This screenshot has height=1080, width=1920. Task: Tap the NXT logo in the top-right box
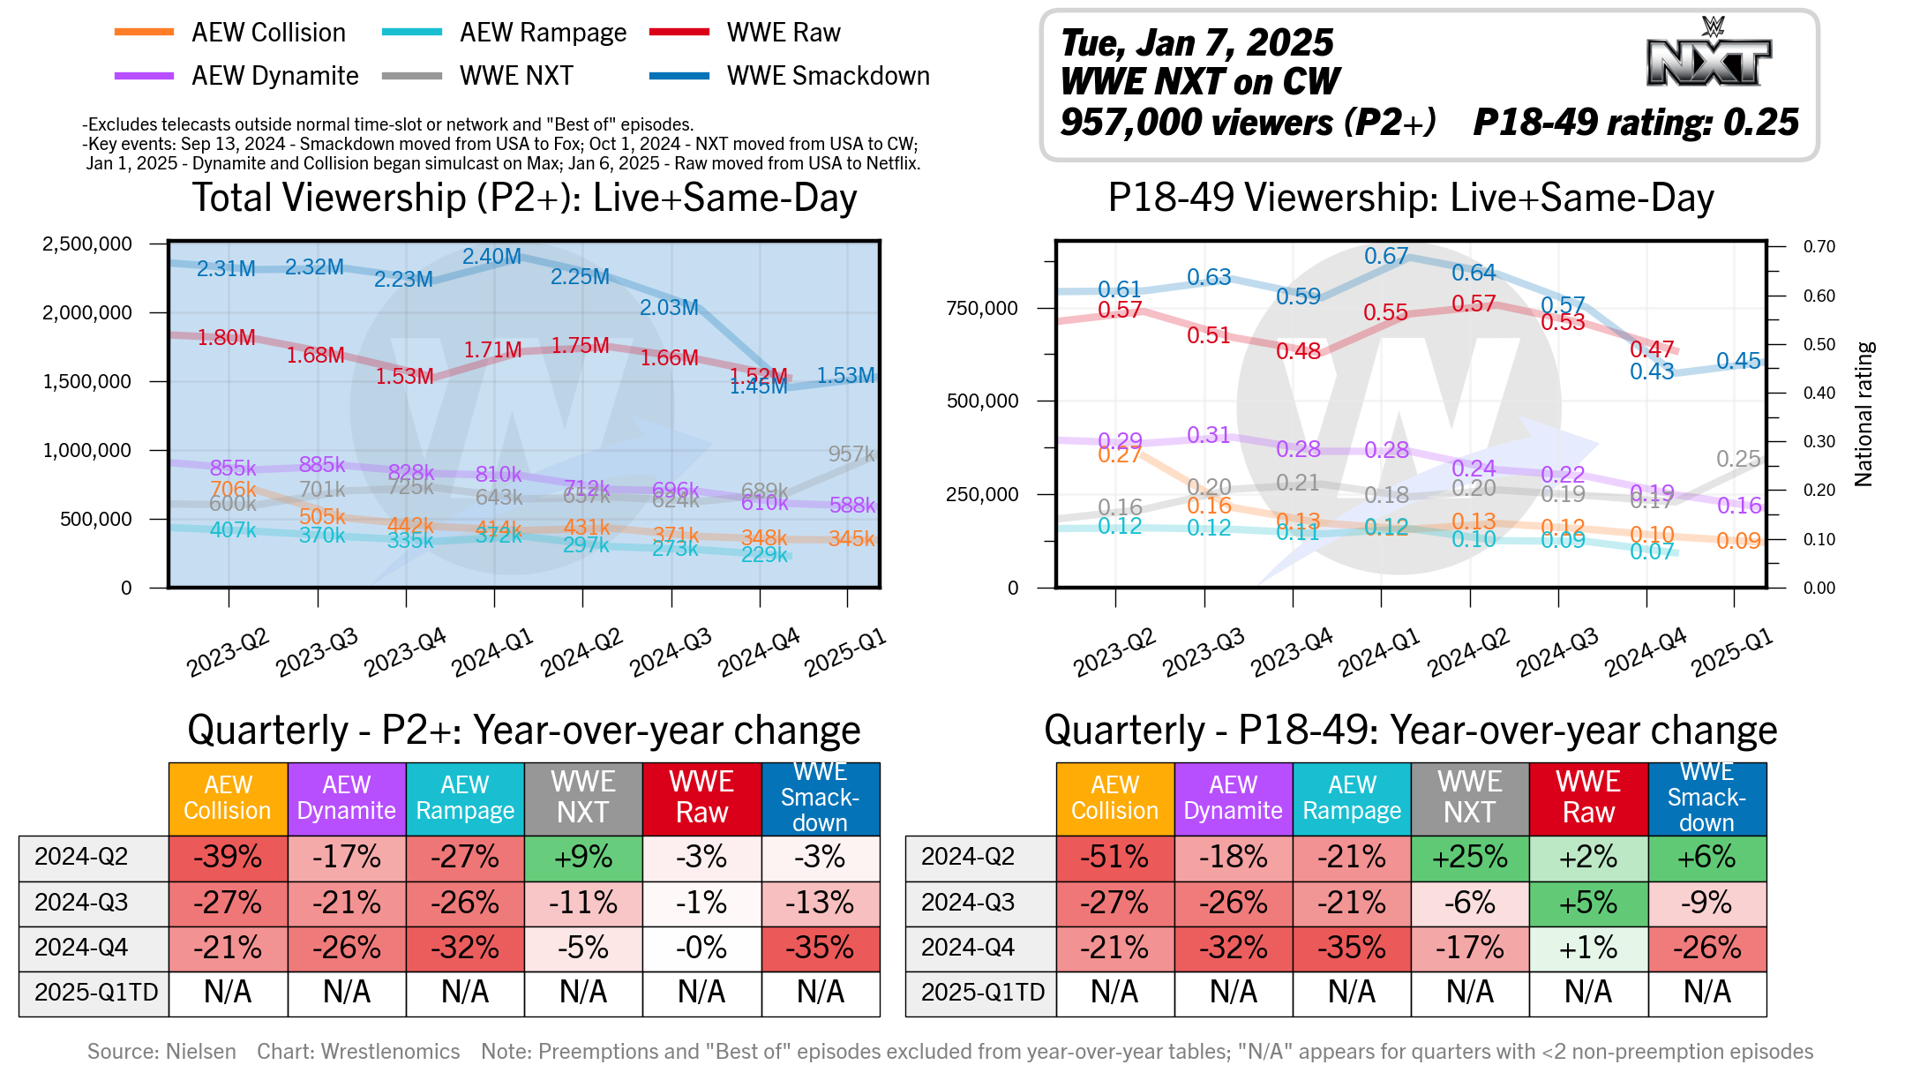click(1709, 55)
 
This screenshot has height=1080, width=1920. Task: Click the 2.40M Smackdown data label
click(491, 257)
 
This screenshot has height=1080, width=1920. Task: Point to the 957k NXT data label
click(851, 454)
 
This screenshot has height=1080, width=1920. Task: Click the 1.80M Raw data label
click(226, 337)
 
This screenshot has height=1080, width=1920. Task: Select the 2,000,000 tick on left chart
click(86, 312)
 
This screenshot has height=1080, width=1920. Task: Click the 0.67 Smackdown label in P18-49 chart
click(1385, 256)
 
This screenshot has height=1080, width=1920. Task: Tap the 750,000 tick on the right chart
click(981, 308)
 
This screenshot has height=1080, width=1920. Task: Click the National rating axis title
click(1864, 414)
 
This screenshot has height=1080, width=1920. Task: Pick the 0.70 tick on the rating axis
click(1819, 246)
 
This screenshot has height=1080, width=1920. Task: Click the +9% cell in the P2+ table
click(583, 857)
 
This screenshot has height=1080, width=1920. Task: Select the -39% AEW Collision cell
click(228, 857)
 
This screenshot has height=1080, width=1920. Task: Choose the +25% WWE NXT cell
click(1470, 857)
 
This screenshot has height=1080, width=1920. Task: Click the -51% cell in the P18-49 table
click(1115, 857)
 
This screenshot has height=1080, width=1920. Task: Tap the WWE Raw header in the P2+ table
click(701, 798)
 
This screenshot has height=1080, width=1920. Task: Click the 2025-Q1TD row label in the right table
click(982, 993)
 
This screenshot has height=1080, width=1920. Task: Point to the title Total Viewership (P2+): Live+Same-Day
click(524, 198)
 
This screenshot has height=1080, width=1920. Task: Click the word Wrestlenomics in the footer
click(390, 1051)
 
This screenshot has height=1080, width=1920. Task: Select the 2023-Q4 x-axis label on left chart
click(405, 652)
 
